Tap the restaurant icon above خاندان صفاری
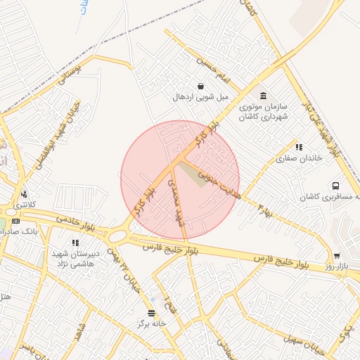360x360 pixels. pyautogui.click(x=299, y=148)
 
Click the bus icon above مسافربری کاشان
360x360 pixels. pyautogui.click(x=335, y=186)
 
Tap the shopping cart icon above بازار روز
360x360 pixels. pyautogui.click(x=337, y=256)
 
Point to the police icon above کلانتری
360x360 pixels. pyautogui.click(x=25, y=194)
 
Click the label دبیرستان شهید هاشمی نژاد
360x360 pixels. pyautogui.click(x=76, y=259)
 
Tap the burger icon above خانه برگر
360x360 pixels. pyautogui.click(x=151, y=314)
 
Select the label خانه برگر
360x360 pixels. pyautogui.click(x=151, y=324)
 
